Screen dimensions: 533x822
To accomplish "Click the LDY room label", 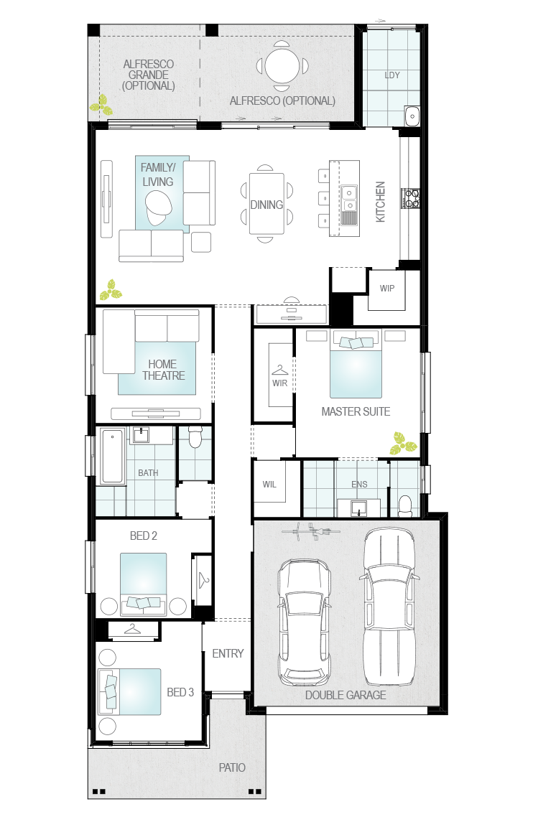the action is click(392, 75).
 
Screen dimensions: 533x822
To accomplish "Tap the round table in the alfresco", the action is click(282, 66).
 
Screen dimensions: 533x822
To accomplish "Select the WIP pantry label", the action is click(387, 289).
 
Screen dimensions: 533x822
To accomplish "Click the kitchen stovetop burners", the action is click(411, 198).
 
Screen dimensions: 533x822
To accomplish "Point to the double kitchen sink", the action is click(349, 198).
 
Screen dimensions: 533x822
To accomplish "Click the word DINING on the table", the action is click(266, 205).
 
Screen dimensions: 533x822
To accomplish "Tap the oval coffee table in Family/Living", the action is click(158, 207).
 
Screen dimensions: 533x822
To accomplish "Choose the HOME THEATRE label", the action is click(164, 370).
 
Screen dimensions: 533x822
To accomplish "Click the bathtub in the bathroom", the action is click(113, 457).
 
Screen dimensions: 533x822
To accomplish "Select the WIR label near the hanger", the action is click(279, 383).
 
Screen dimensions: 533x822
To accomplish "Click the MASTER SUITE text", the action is click(356, 411).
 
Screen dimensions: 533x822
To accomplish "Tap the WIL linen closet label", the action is click(269, 485).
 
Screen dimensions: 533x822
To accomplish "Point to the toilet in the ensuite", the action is click(405, 506).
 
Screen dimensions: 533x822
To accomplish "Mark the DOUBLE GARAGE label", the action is click(346, 695).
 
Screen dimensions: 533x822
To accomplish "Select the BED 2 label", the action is click(143, 536).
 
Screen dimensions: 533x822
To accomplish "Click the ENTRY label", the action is click(228, 653).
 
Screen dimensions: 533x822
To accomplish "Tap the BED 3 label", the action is click(180, 693).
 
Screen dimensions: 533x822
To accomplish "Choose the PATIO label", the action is click(232, 767).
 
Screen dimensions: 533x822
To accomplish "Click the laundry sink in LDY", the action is click(412, 116).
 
